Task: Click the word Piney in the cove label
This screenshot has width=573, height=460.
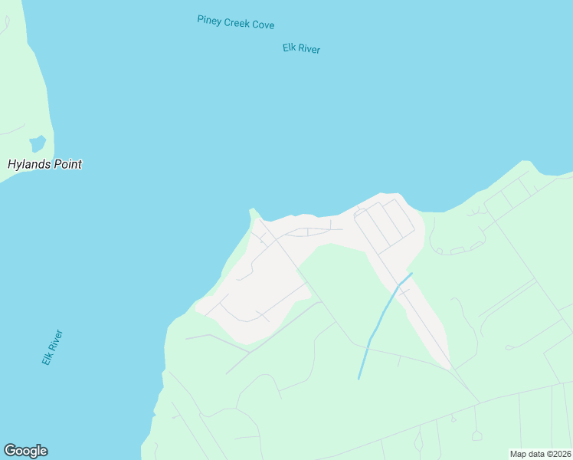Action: [209, 19]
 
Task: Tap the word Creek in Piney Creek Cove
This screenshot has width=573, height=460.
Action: [237, 22]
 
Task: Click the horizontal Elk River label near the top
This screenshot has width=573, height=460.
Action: [301, 48]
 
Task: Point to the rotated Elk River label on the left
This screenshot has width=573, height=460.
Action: [52, 347]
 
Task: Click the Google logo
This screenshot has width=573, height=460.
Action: [25, 451]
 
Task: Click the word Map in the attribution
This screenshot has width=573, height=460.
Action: [519, 454]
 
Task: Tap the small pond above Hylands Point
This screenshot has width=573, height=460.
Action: [38, 143]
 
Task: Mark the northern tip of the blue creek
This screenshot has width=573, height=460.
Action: [411, 273]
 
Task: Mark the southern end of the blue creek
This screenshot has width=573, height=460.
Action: [359, 379]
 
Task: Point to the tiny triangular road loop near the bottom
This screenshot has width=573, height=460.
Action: [453, 419]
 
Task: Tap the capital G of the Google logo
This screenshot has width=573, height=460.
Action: [10, 451]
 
